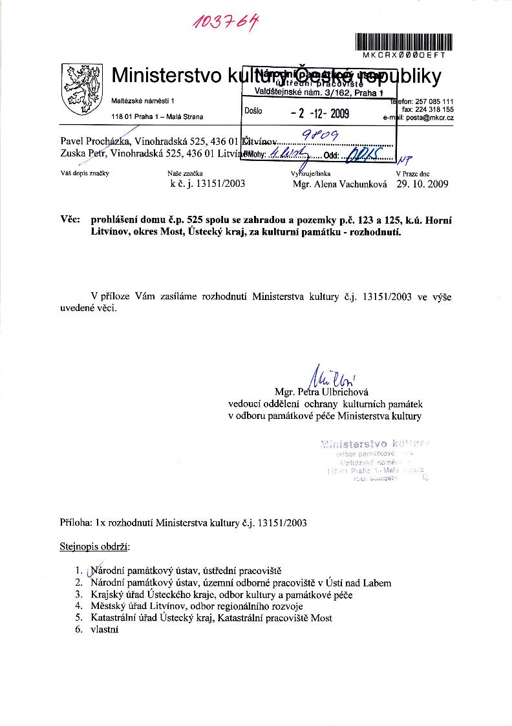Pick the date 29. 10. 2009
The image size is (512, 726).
(422, 184)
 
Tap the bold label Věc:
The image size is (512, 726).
(69, 220)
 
